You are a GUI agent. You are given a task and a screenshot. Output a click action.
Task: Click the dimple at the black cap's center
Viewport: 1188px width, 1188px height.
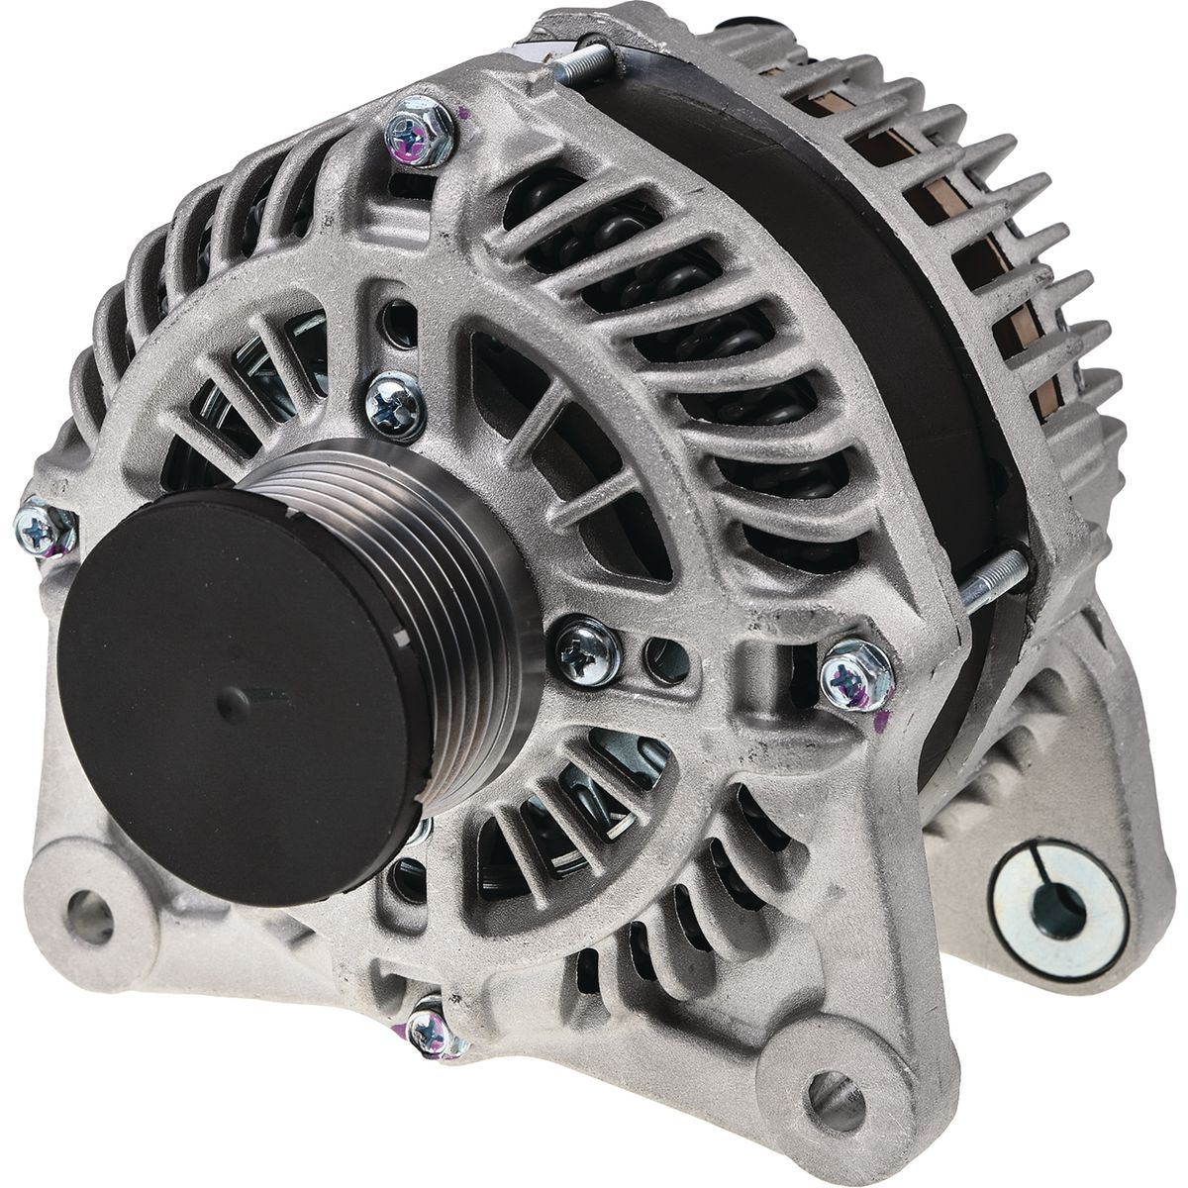(x=235, y=704)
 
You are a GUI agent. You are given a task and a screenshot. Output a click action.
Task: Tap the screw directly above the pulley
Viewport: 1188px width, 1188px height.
(x=396, y=404)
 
